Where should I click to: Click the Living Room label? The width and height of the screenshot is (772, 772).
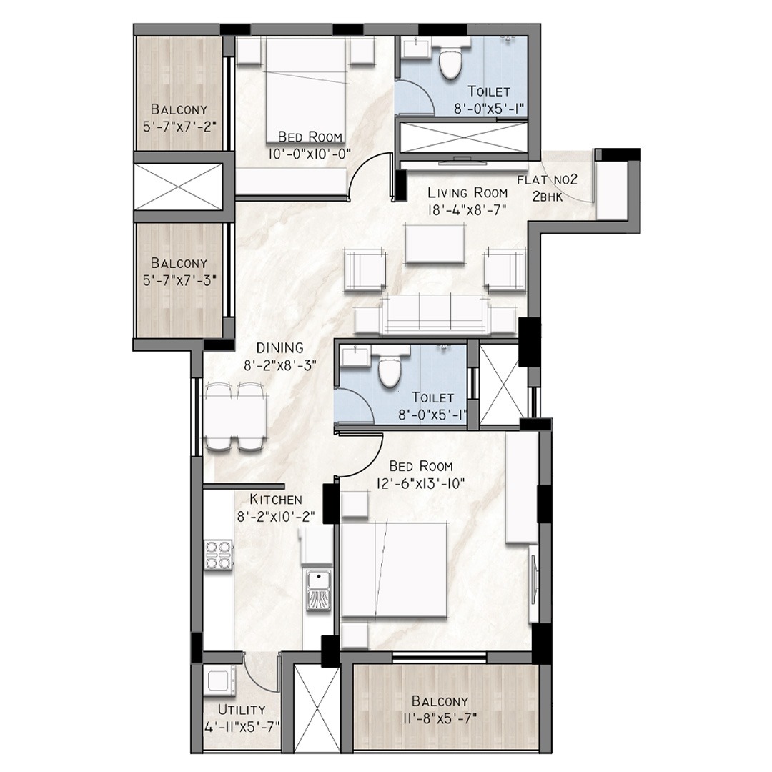[x=467, y=192]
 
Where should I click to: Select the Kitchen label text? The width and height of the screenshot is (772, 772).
[x=276, y=499]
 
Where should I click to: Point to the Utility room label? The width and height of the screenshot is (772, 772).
[x=242, y=710]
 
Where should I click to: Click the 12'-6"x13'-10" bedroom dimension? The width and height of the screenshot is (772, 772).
[x=420, y=484]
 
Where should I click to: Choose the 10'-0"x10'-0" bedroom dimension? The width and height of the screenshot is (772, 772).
[x=310, y=154]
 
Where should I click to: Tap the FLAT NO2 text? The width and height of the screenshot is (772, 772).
[x=547, y=180]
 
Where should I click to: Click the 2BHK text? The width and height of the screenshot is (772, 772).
[x=547, y=197]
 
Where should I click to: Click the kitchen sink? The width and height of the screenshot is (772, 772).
[x=319, y=590]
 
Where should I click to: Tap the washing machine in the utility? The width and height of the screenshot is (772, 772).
[x=220, y=681]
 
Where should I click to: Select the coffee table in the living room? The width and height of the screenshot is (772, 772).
[x=435, y=244]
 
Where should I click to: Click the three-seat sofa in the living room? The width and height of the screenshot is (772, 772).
[x=435, y=313]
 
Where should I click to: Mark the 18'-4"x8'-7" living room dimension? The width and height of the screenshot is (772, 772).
[x=467, y=209]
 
